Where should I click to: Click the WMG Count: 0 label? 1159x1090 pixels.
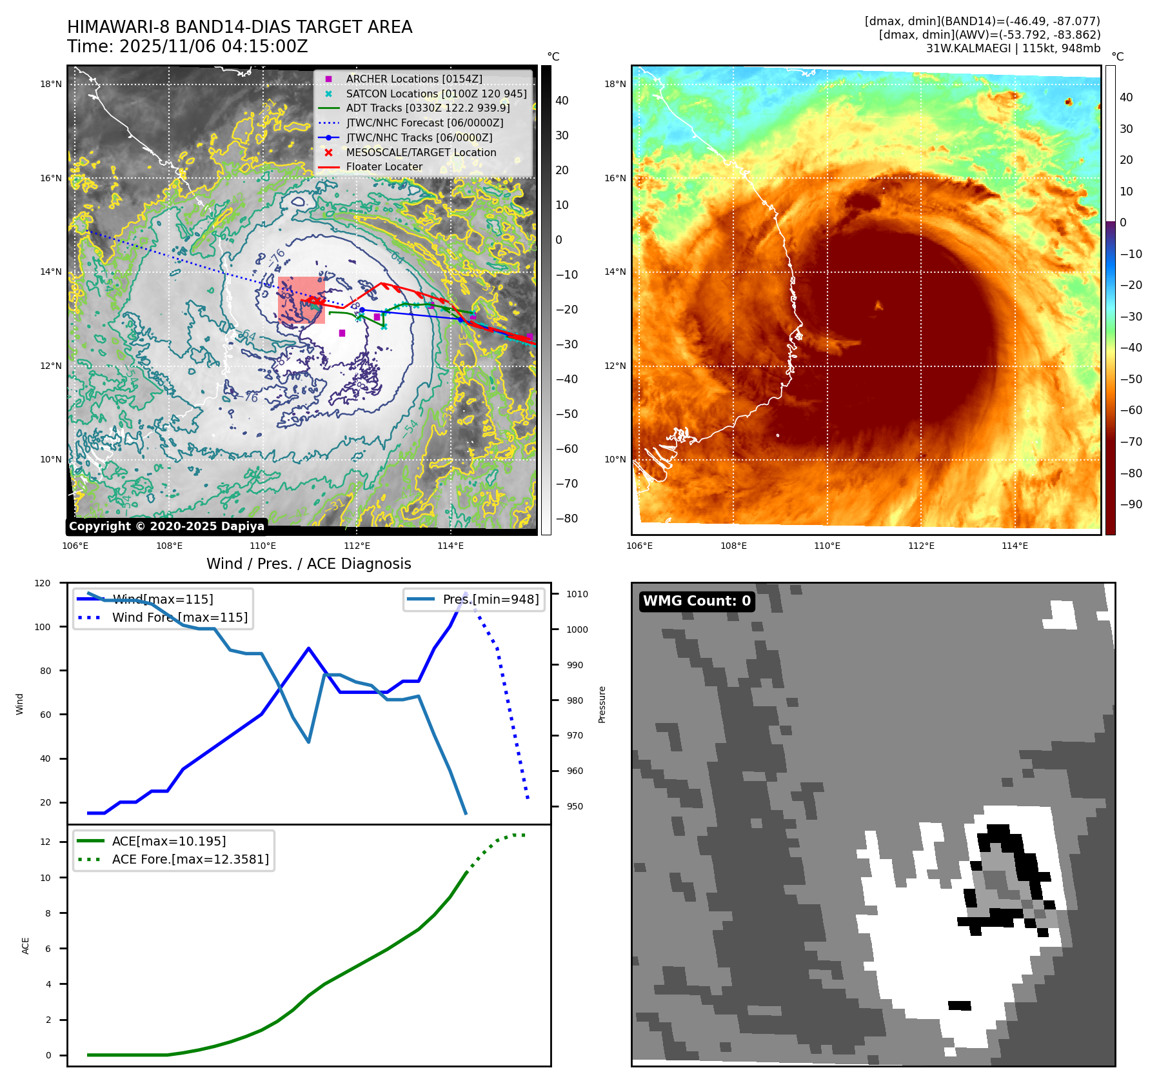click(x=697, y=601)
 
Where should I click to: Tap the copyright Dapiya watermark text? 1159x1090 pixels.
click(x=166, y=526)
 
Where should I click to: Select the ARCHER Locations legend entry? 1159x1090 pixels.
click(x=413, y=79)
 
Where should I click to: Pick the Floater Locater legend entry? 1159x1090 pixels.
click(x=384, y=166)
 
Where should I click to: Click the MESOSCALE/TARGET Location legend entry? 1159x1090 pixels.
click(x=421, y=152)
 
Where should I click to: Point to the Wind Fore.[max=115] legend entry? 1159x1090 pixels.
click(x=179, y=617)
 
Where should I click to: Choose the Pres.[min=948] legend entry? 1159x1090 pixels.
click(x=490, y=599)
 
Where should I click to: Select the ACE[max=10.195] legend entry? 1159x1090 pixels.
click(x=168, y=841)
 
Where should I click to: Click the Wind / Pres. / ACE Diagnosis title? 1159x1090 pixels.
click(x=308, y=564)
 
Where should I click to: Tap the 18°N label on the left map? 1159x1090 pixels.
click(x=51, y=84)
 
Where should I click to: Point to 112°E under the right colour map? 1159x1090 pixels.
click(x=921, y=546)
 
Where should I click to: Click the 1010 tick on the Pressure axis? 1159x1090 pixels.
click(x=577, y=594)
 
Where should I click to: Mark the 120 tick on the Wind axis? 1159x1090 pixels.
click(x=43, y=583)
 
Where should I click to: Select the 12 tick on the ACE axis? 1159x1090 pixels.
click(x=45, y=842)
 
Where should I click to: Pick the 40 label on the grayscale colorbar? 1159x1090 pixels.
click(x=562, y=101)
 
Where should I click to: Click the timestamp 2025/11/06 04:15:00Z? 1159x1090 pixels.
click(x=213, y=46)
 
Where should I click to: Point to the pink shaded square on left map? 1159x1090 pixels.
click(x=301, y=300)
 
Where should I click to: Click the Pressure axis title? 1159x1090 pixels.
click(x=602, y=704)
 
